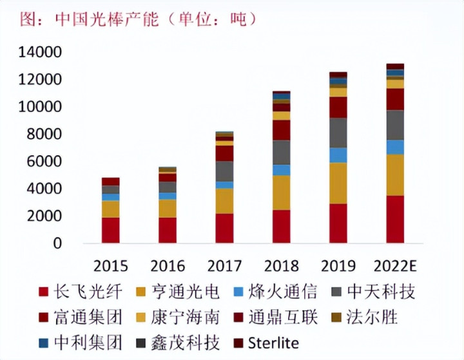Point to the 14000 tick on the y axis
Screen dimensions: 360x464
40,52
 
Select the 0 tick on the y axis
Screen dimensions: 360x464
57,244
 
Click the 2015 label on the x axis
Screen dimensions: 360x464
110,265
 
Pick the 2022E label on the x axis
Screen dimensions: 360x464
395,265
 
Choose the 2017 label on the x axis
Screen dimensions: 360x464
224,265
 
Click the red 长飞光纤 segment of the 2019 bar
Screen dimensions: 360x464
338,223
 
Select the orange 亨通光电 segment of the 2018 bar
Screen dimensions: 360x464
281,192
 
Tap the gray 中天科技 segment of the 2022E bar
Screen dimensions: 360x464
395,125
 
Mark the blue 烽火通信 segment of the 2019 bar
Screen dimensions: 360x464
338,155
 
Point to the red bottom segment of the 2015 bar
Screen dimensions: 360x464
110,230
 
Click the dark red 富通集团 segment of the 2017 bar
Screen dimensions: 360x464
224,153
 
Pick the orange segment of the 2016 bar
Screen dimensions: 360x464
168,208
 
